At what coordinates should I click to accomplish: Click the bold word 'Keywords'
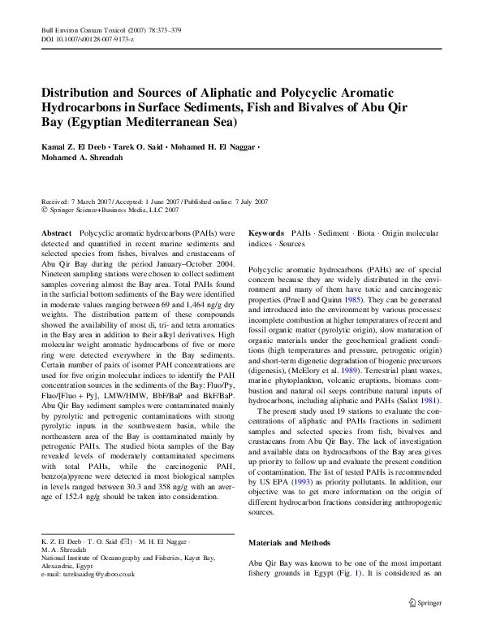[x=265, y=232]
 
